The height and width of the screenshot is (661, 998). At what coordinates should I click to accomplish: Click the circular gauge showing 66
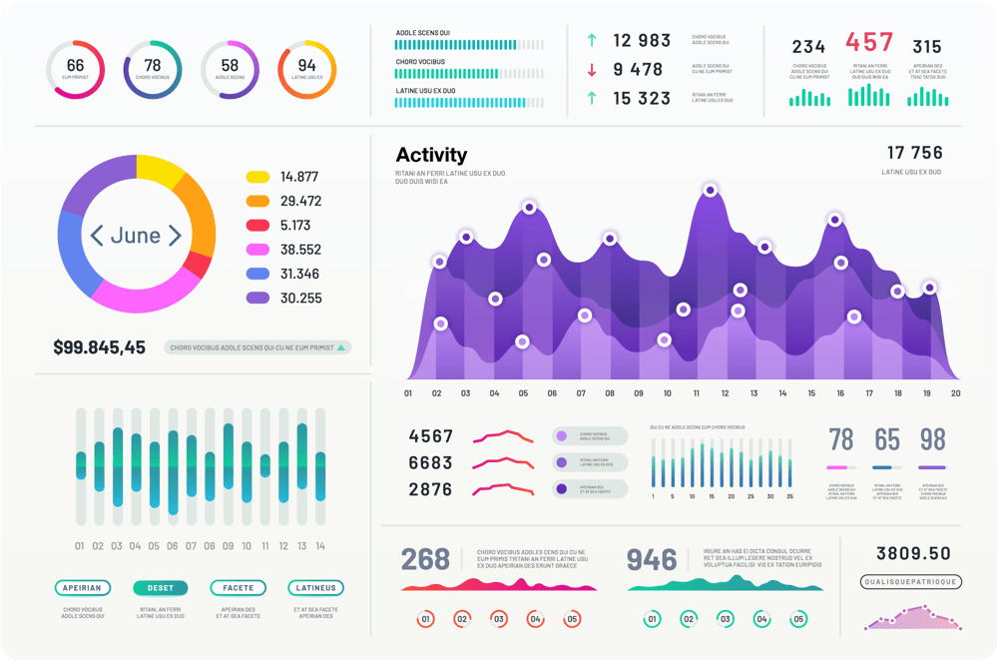tap(75, 70)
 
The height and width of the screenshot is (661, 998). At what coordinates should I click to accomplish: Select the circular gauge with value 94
tap(306, 70)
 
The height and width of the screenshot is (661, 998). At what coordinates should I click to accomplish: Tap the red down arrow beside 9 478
tap(592, 70)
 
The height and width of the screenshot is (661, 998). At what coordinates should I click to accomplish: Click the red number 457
tap(869, 43)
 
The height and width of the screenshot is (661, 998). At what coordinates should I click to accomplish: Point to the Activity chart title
tap(431, 155)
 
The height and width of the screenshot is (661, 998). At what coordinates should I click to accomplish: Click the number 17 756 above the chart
tap(914, 153)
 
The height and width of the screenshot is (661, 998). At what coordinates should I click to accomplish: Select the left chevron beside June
tap(97, 236)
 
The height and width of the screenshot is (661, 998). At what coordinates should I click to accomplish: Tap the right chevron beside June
tap(175, 236)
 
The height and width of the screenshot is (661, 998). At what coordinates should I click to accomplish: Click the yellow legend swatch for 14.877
tap(257, 177)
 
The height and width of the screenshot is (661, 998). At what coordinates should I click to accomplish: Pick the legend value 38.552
tap(300, 250)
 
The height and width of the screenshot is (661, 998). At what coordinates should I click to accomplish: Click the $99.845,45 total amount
tap(99, 347)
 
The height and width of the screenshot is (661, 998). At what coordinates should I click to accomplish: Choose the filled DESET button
tap(160, 588)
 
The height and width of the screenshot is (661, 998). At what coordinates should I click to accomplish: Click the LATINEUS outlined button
tap(315, 588)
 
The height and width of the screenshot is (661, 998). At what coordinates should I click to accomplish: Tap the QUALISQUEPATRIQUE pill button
tap(910, 581)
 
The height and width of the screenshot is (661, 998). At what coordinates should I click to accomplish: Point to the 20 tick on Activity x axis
tap(955, 393)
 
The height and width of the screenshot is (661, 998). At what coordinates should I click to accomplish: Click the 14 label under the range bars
tap(319, 546)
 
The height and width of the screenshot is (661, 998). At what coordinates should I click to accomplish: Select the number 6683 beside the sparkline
tap(430, 463)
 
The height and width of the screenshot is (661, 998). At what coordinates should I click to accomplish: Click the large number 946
tap(652, 560)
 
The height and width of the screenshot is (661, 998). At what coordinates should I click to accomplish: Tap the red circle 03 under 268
tap(498, 619)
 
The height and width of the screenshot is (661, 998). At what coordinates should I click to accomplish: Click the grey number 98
tap(932, 439)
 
